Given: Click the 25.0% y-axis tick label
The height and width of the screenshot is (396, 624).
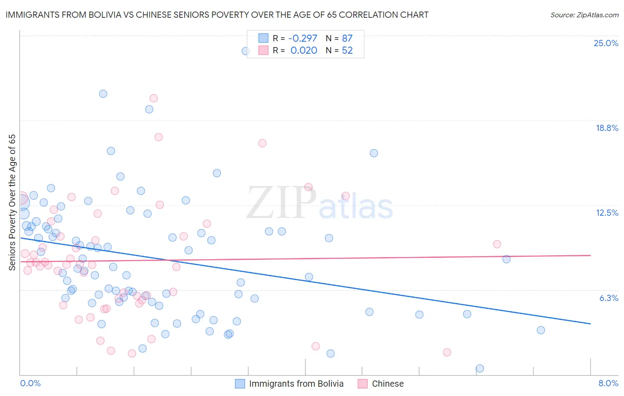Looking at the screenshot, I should click(x=606, y=43).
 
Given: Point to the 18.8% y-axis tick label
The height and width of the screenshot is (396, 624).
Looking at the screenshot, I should click(x=607, y=128).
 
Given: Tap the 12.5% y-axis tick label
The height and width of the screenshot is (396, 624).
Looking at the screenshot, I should click(x=607, y=213).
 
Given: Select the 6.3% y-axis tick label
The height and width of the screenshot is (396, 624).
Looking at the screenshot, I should click(x=608, y=298).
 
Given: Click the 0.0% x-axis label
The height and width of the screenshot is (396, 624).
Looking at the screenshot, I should click(x=30, y=383).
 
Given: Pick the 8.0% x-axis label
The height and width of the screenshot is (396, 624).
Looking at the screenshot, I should click(x=608, y=383).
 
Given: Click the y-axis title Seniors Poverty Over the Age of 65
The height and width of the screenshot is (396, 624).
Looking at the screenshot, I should click(x=12, y=202).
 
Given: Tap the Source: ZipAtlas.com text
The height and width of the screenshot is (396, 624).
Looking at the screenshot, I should click(x=584, y=15).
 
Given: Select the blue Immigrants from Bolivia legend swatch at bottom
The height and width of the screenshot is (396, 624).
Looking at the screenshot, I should click(x=240, y=384).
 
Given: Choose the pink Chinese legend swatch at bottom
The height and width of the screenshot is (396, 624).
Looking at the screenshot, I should click(x=363, y=384).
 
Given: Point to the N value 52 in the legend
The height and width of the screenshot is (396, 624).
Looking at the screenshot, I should click(x=347, y=50).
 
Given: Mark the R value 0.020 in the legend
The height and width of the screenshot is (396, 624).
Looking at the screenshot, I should click(x=304, y=50).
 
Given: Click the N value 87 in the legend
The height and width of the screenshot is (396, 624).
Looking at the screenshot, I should click(x=347, y=38).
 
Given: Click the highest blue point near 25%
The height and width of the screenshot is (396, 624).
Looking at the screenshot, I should click(x=245, y=51).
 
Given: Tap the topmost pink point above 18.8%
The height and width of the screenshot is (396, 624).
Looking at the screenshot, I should click(x=154, y=98).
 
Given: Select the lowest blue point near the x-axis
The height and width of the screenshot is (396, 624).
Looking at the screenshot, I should click(x=480, y=368).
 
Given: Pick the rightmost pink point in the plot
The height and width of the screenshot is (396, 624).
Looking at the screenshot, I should click(x=497, y=244).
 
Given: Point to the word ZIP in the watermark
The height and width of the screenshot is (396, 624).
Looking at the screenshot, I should click(x=281, y=203).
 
